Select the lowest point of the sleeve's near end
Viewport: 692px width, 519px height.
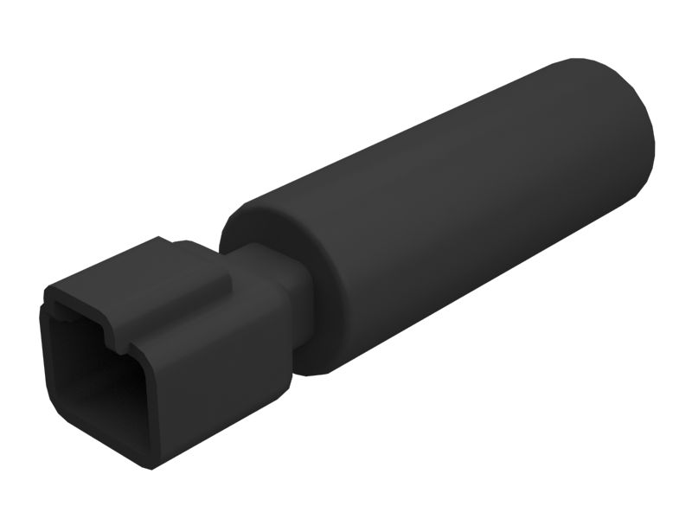(316, 374)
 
